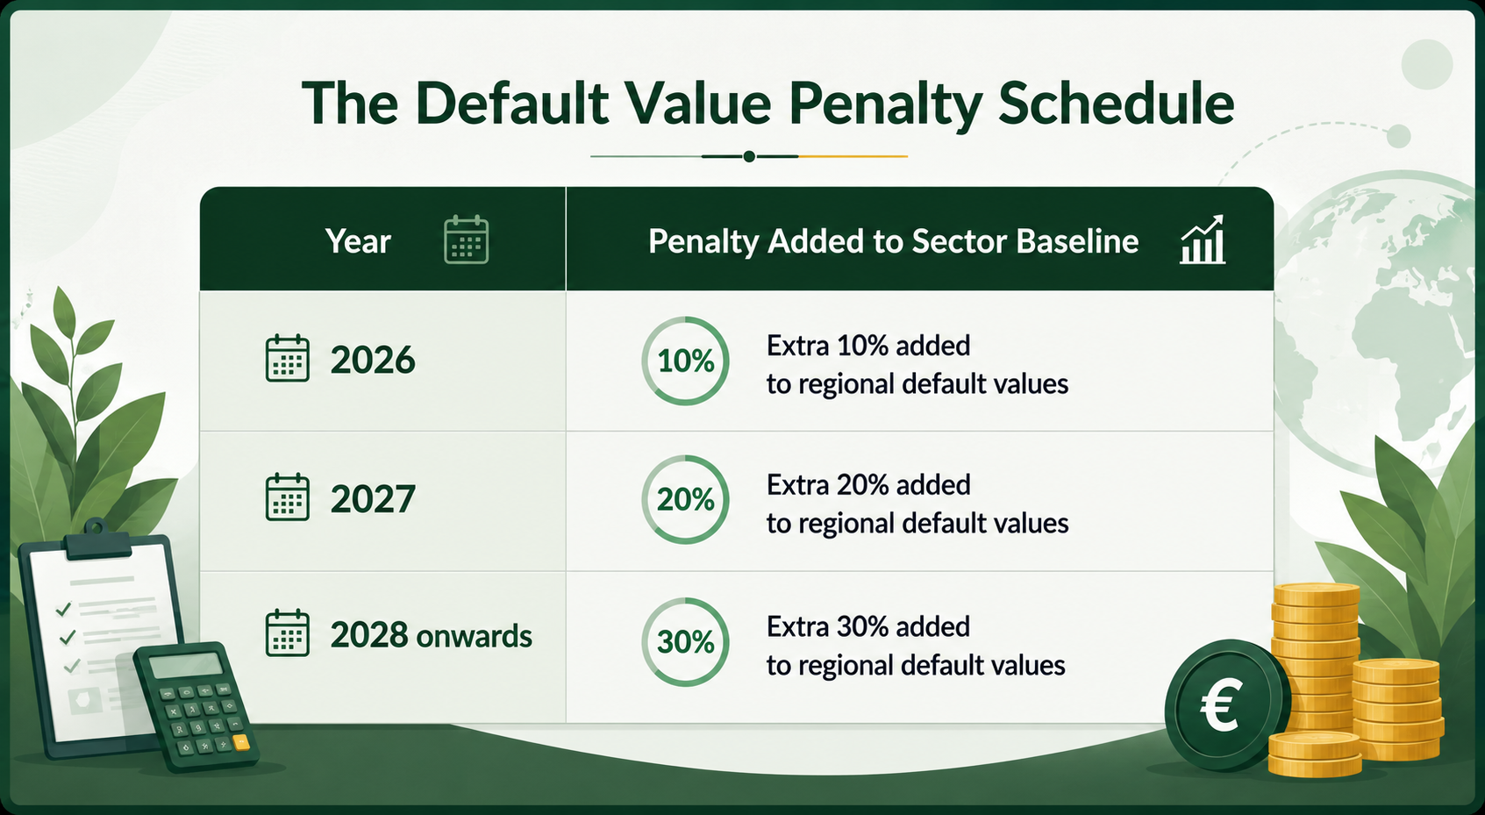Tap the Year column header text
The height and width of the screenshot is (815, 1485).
tap(358, 240)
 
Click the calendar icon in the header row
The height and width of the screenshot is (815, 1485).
tap(466, 239)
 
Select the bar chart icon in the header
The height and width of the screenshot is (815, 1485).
tap(1203, 239)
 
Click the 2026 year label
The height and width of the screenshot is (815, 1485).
tap(373, 360)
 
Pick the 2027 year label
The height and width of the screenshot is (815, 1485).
tap(373, 498)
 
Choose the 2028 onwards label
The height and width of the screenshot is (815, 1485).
tap(431, 635)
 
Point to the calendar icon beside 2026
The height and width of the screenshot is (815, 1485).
tap(287, 358)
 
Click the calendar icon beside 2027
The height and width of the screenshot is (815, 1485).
tap(287, 497)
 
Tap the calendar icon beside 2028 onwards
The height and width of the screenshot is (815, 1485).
tap(287, 633)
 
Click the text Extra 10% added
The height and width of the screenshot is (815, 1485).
tap(868, 346)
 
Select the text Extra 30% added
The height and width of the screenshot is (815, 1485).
tap(868, 626)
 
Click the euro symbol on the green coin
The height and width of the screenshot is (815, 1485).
tap(1220, 707)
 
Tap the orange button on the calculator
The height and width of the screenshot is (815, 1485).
tap(241, 742)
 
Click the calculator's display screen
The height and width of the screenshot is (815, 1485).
tap(186, 664)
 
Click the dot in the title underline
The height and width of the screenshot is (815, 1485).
tap(749, 156)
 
